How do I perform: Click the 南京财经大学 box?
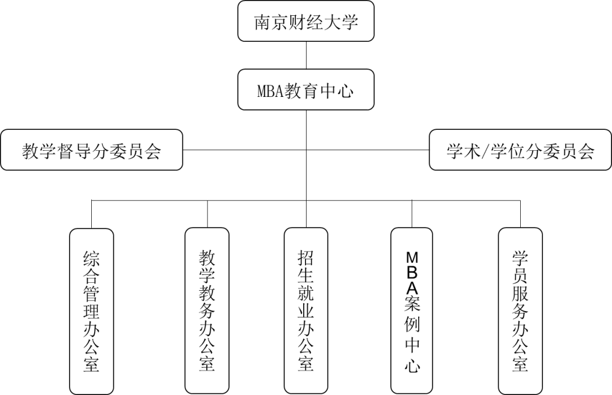(x=305, y=22)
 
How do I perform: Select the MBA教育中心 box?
(x=305, y=90)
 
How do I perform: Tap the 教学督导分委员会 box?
(x=91, y=151)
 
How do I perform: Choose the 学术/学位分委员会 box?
(x=520, y=151)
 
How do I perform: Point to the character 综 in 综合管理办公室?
(x=91, y=259)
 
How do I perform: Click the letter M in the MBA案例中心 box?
(x=412, y=256)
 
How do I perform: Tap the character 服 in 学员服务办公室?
(x=520, y=294)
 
